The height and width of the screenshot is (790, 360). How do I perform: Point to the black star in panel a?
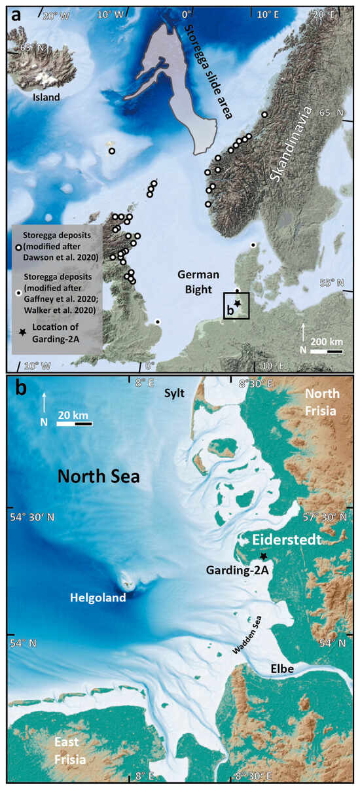pos(238,304)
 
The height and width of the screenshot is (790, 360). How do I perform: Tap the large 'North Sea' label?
pos(98,476)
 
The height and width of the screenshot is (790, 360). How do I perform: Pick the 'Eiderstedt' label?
pos(285,540)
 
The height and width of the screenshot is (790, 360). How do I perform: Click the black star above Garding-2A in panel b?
pos(263,556)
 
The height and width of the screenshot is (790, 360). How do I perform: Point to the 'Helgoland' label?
pos(99,597)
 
